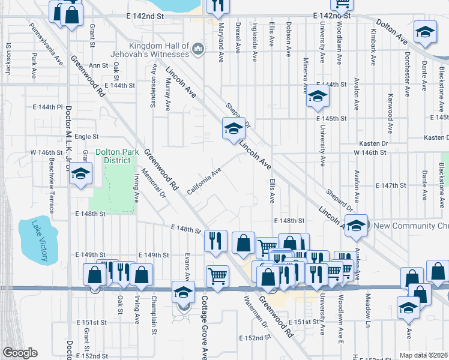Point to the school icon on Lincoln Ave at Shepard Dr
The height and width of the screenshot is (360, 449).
(x=234, y=128)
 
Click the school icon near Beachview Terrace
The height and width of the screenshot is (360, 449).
(x=80, y=175)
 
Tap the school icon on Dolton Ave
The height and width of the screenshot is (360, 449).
(x=425, y=33)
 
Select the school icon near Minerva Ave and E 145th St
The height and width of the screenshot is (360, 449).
(x=318, y=96)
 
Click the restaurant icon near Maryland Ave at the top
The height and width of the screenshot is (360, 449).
(x=217, y=5)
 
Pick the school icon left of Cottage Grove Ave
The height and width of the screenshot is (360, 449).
(x=183, y=292)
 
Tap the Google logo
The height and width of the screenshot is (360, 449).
(x=20, y=353)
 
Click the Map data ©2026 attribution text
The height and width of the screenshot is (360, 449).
(x=423, y=355)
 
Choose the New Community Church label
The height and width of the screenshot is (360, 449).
(x=411, y=226)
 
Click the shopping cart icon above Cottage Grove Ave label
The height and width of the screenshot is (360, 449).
(x=217, y=277)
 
